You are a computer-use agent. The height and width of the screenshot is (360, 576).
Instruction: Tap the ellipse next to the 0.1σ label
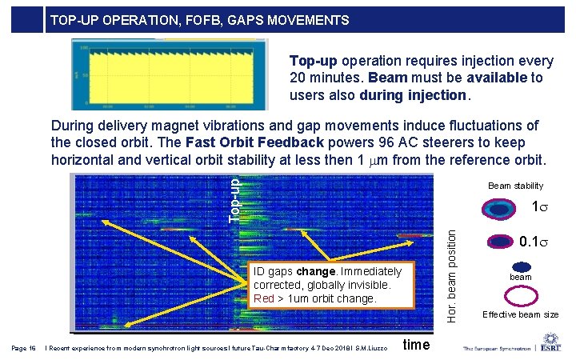point(500,242)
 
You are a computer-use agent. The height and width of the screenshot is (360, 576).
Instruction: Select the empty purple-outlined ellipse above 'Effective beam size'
point(521,296)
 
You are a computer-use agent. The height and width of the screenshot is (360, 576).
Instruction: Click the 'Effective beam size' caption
point(521,314)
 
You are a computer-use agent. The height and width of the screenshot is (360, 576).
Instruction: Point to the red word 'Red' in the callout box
point(263,298)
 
